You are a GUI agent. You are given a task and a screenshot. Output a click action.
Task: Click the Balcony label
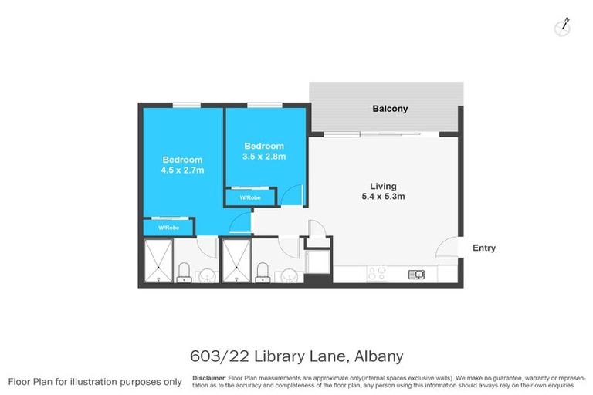click(x=389, y=109)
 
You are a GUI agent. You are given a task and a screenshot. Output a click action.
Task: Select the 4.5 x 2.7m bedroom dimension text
click(x=181, y=170)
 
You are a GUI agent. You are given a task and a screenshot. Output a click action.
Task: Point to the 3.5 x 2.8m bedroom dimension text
click(x=264, y=157)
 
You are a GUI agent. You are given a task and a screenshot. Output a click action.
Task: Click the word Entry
click(x=484, y=248)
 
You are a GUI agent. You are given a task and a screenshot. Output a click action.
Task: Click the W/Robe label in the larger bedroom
click(x=168, y=228)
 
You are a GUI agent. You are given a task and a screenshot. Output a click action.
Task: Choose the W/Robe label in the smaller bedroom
click(x=249, y=198)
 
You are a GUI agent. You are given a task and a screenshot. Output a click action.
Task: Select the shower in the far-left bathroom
click(x=158, y=261)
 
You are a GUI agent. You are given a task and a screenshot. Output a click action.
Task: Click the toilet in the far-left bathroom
click(x=184, y=272)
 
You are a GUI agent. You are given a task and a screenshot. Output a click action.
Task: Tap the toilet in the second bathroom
click(x=262, y=272)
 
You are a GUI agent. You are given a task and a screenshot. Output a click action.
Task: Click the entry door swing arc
click(x=446, y=248)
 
